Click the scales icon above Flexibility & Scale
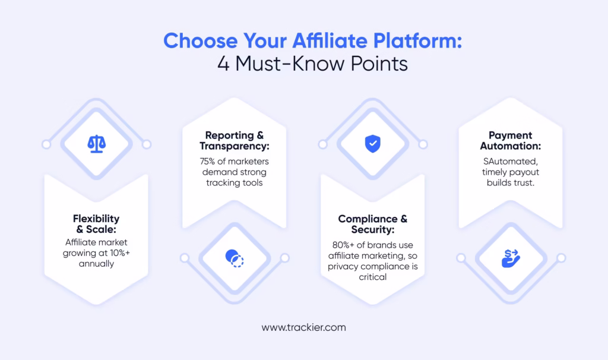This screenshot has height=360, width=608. click(x=96, y=144)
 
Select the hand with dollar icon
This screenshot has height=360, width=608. click(x=511, y=258)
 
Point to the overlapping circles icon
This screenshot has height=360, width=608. click(x=235, y=257)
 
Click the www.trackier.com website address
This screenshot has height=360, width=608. click(x=303, y=327)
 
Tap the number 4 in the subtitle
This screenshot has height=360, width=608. click(x=223, y=63)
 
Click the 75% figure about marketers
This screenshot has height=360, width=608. click(x=211, y=161)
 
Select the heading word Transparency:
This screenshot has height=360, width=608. click(x=234, y=146)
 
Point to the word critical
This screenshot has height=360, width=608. click(x=373, y=277)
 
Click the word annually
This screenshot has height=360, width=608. click(x=96, y=263)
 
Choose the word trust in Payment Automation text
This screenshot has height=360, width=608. click(x=524, y=182)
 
